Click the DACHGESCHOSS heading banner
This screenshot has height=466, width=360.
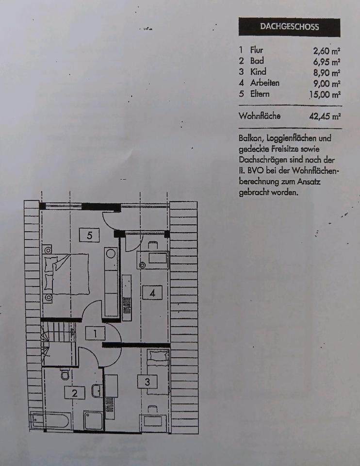pos(289,27)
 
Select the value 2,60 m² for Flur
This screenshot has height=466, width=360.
pos(327,50)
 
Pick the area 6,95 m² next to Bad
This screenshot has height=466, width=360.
pos(327,61)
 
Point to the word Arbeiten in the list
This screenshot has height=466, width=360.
pos(265,83)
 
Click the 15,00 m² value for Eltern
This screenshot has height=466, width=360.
pos(325,94)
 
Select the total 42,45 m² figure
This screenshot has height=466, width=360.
pos(325,116)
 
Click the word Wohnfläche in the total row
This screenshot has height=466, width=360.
pos(260,116)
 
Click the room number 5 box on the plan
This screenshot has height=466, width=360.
pos(89,235)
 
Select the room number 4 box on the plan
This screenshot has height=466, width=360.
pos(152,293)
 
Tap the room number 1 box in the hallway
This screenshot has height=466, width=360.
pos(96,333)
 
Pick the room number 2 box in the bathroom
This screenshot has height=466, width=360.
pos(75,393)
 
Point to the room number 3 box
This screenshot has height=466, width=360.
pos(147,382)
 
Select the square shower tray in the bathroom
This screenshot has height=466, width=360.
pos(93,420)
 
